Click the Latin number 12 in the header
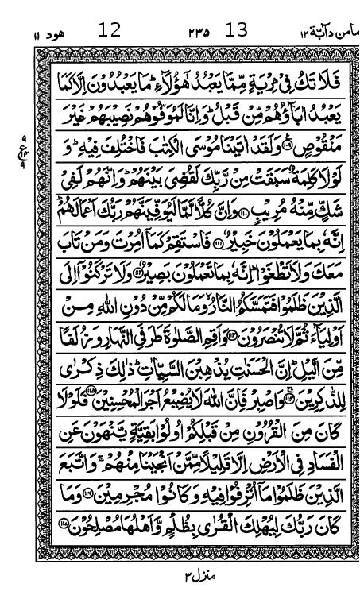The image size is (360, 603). [110, 31]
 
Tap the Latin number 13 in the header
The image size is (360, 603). [237, 31]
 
